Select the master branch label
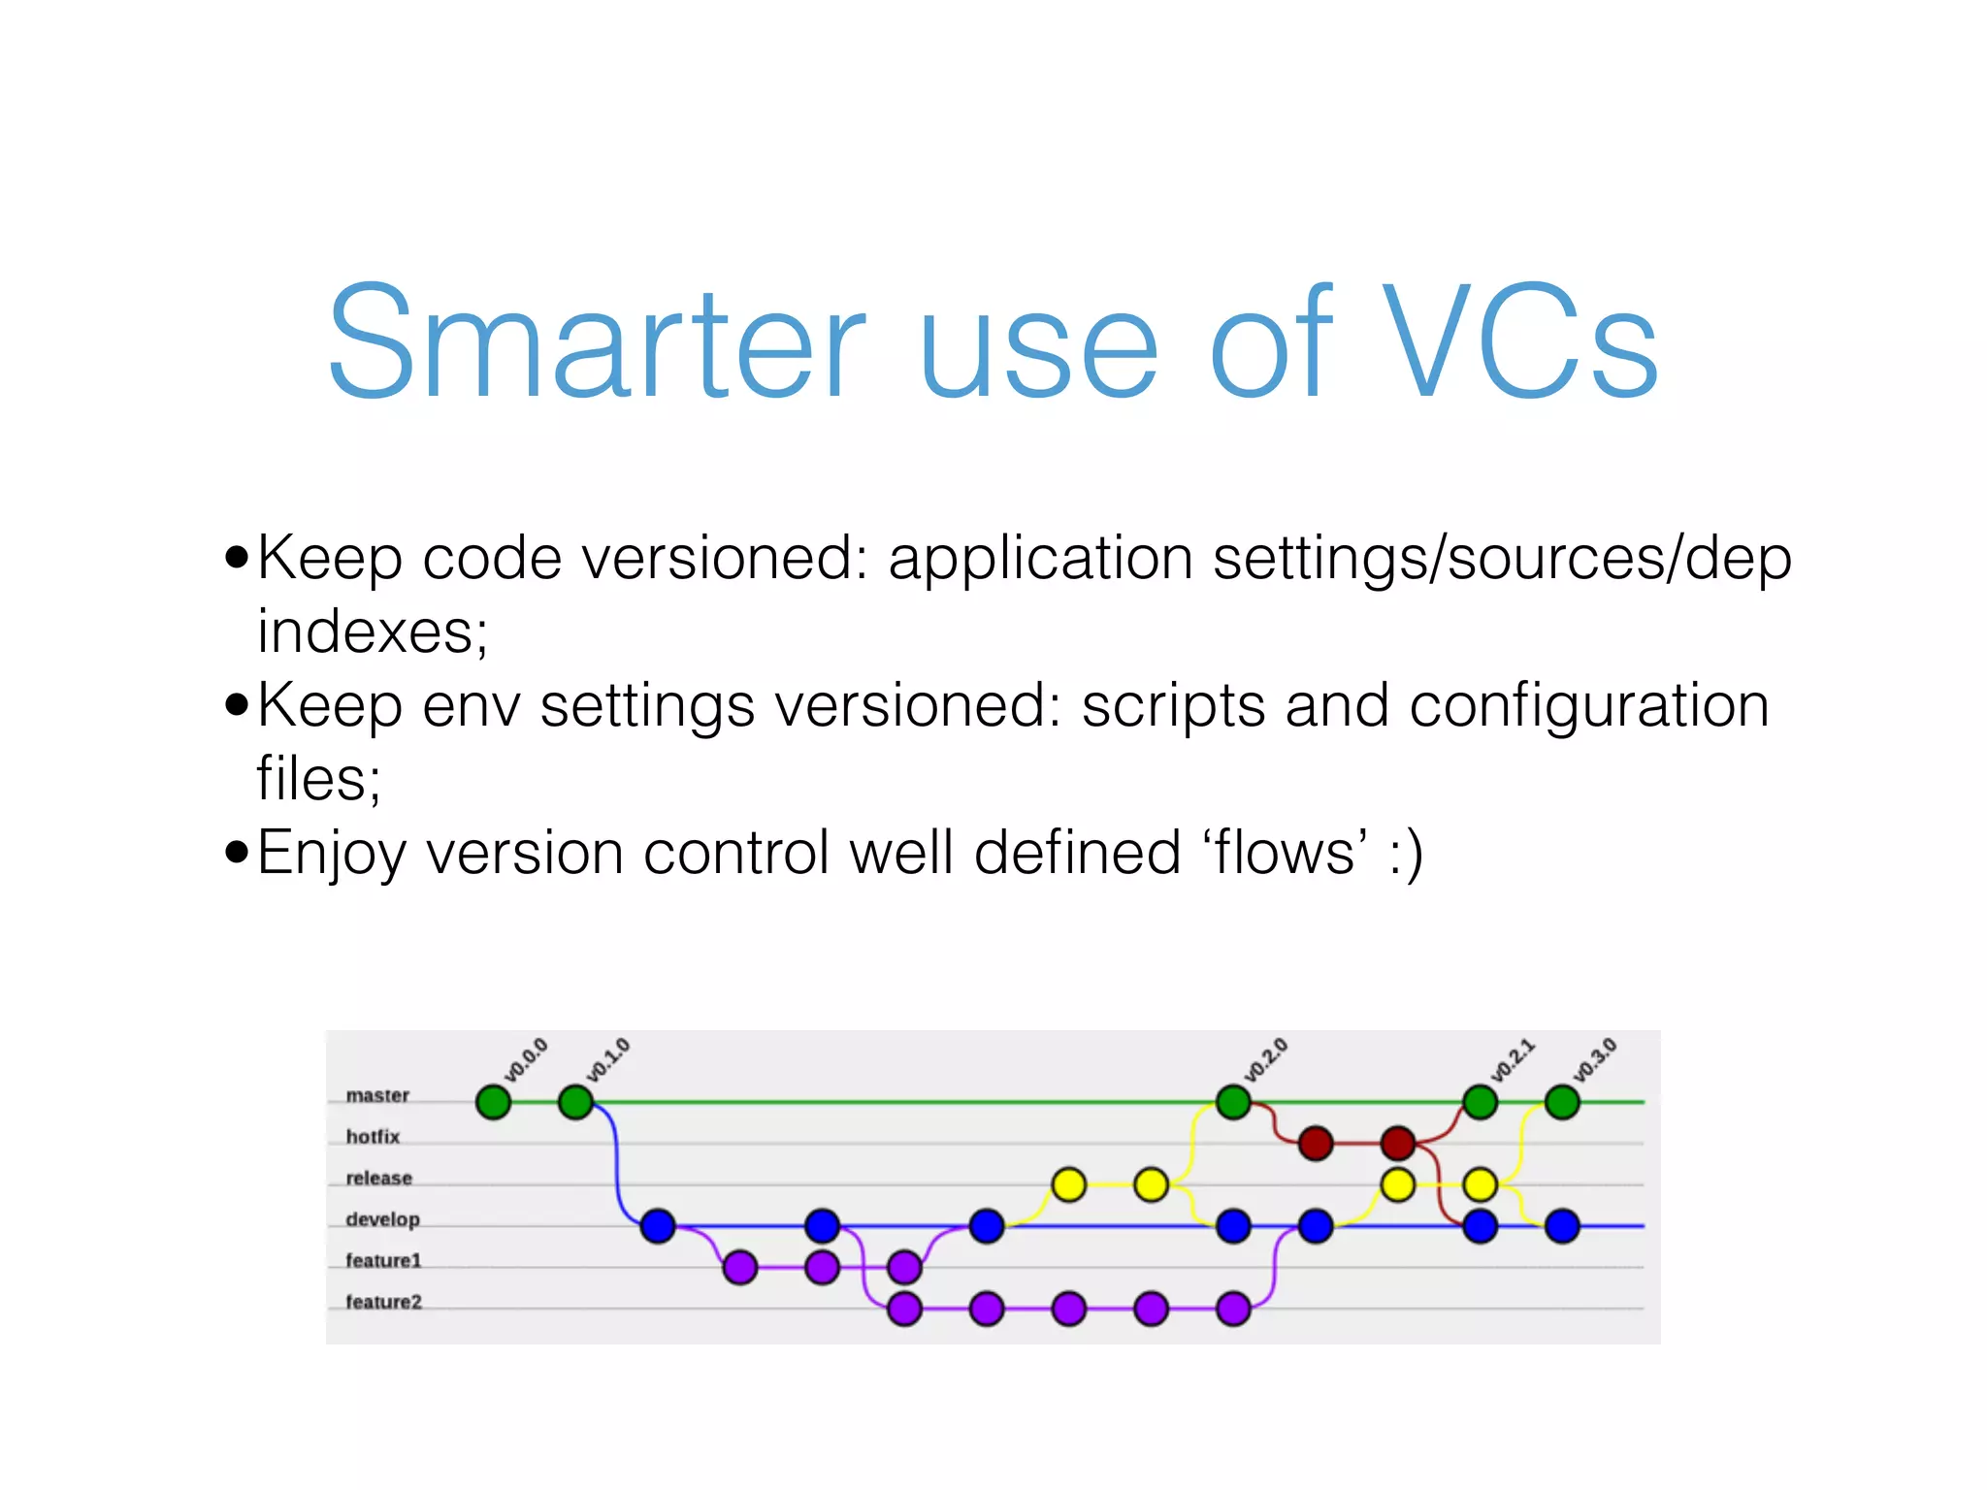[x=377, y=1095]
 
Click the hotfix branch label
[x=373, y=1136]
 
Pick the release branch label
[x=378, y=1178]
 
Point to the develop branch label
[x=382, y=1219]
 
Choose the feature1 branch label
[x=383, y=1260]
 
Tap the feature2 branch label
[x=383, y=1302]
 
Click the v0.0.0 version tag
[x=526, y=1060]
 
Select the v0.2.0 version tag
[x=1266, y=1060]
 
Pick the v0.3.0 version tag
[x=1595, y=1060]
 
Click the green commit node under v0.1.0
[x=576, y=1102]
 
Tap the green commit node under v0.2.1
[x=1480, y=1102]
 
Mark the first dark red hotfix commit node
[x=1316, y=1143]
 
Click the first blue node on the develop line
[x=658, y=1225]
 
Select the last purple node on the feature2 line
[x=1233, y=1308]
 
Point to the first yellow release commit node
[x=1068, y=1184]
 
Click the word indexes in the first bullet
[x=372, y=632]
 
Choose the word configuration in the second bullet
[x=1588, y=705]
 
